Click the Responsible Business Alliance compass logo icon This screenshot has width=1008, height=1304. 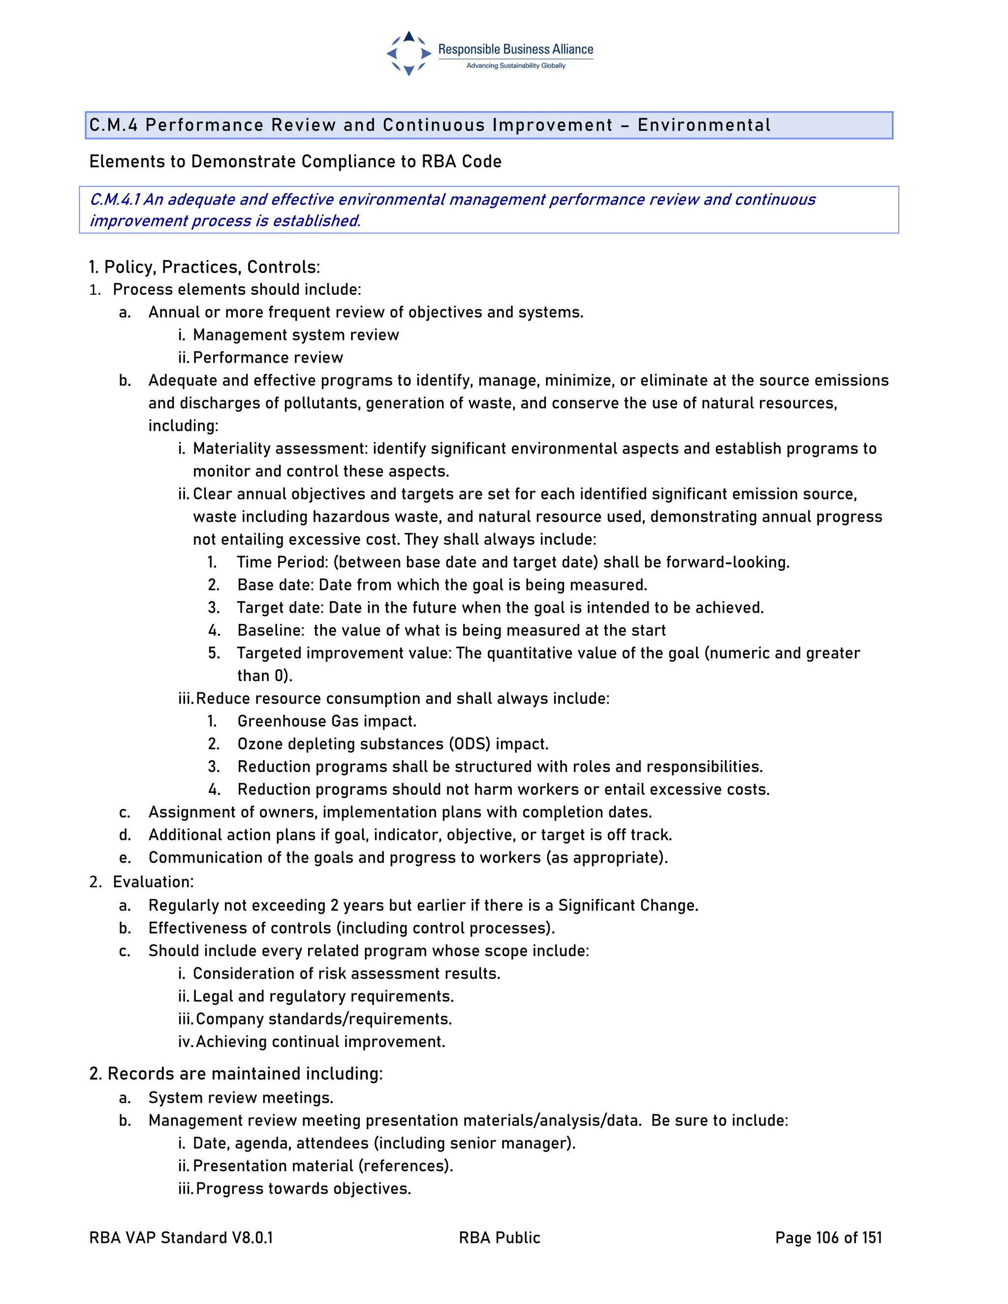coord(409,54)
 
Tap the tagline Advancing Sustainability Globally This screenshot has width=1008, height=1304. coord(515,65)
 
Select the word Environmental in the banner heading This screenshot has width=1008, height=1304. coord(704,125)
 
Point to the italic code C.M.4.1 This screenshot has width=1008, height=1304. coord(115,199)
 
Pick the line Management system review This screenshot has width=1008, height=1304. coord(296,335)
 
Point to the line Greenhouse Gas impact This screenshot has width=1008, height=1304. coord(327,721)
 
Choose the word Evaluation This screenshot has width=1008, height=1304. coord(152,882)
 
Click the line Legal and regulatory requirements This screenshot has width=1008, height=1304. coord(323,996)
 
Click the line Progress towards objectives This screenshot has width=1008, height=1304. coord(303,1188)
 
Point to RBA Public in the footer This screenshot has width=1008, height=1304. coord(499,1238)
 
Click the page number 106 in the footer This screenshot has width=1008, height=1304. coord(827,1238)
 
